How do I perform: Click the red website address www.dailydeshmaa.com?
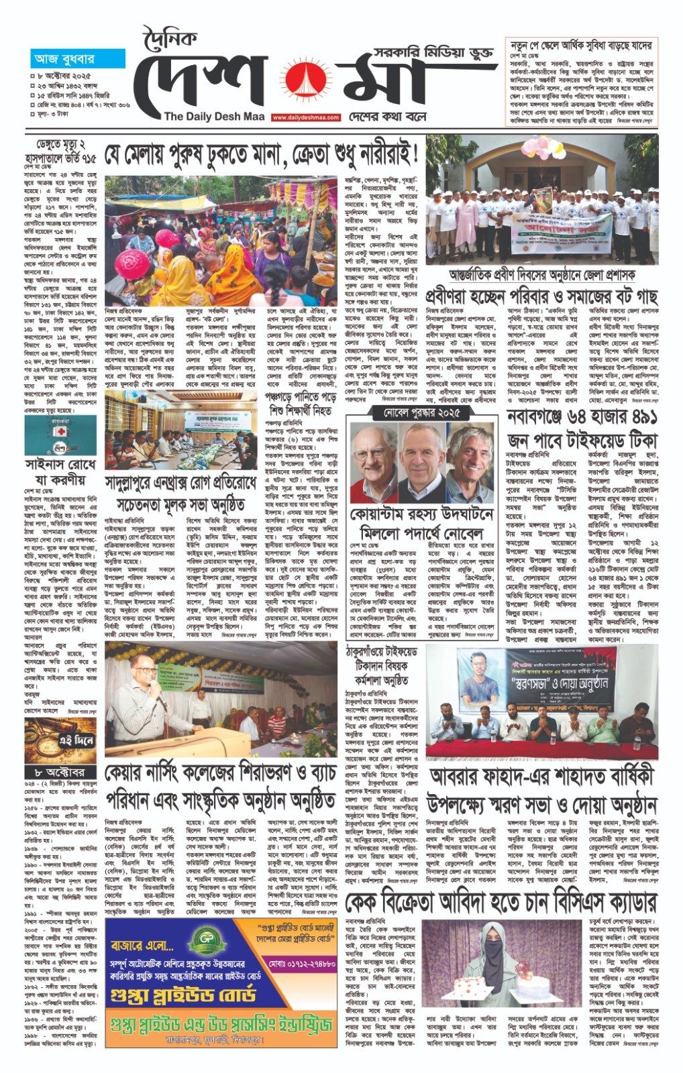[x=305, y=117]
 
